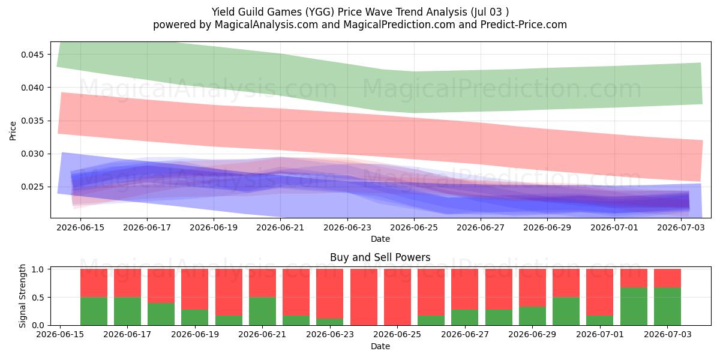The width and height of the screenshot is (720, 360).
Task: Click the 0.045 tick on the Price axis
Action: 32,55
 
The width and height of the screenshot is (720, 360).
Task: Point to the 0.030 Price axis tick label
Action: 32,154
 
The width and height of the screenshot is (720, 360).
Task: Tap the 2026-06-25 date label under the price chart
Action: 414,227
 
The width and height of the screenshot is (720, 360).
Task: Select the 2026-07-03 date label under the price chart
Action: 681,227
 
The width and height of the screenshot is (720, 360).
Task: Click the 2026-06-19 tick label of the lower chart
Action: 195,334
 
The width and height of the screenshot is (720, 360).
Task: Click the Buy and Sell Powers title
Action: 380,257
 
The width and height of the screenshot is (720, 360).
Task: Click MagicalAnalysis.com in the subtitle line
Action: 266,25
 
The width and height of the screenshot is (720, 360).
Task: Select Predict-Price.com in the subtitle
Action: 524,25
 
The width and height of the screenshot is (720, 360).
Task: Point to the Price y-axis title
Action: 13,131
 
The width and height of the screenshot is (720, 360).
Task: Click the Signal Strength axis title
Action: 22,296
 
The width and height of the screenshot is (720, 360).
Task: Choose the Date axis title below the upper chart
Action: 380,239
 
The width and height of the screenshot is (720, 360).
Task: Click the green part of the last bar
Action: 667,307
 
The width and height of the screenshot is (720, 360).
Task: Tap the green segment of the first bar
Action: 94,311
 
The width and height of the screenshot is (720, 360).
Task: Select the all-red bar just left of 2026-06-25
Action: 364,297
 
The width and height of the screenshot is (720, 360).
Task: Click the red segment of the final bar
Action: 667,278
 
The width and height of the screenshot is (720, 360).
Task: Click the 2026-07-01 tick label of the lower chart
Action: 600,334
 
